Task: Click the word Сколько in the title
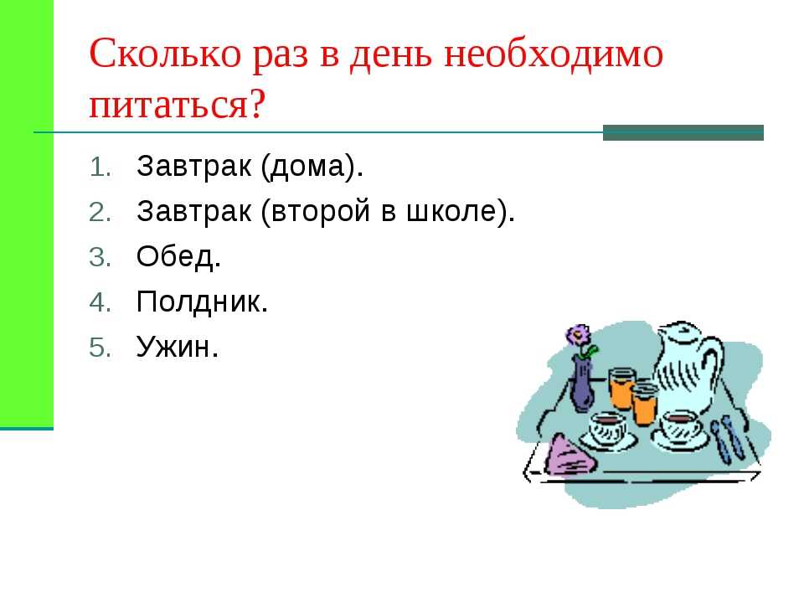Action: click(165, 54)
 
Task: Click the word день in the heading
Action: click(391, 54)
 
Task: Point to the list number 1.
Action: click(100, 167)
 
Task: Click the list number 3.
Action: click(100, 257)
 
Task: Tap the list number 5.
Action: click(100, 348)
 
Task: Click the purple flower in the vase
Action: click(579, 336)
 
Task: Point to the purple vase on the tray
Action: click(582, 384)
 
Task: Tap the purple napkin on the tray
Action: click(569, 457)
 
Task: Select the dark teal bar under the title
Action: click(683, 132)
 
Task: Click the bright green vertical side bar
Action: click(27, 214)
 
